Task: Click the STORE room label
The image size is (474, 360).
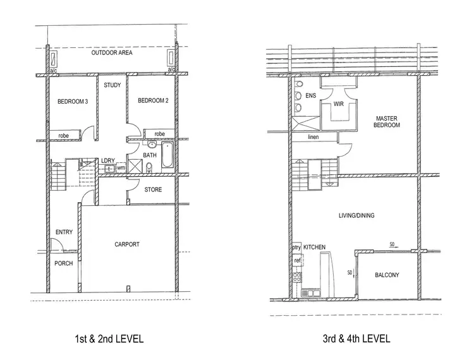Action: [153, 189]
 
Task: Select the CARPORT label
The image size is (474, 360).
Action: [127, 244]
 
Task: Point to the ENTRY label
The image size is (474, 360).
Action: [64, 232]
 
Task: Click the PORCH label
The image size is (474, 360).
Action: [64, 263]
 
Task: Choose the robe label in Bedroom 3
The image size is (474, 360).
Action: [63, 135]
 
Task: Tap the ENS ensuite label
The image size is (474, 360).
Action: [310, 96]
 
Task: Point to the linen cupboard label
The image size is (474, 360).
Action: [313, 137]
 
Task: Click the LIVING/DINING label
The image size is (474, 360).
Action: [356, 216]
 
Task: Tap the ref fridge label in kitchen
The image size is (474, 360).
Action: [297, 260]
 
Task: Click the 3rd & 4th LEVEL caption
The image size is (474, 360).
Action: [356, 339]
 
